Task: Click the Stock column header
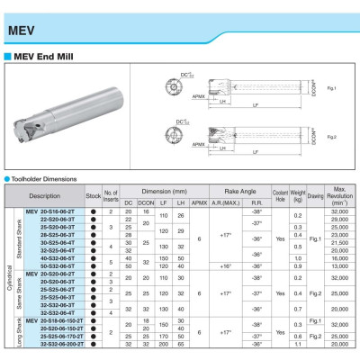click(92, 194)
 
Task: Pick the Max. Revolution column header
click(339, 194)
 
